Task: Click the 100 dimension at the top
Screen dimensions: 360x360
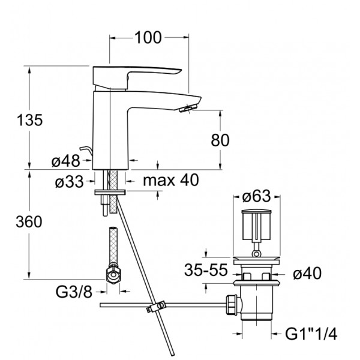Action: tap(148, 37)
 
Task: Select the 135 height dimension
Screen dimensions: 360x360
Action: tap(29, 120)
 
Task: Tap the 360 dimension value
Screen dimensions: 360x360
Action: tap(29, 222)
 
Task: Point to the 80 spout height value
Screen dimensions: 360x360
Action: tap(220, 140)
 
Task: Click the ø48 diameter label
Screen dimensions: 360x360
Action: tap(65, 161)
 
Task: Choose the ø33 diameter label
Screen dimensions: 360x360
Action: tap(69, 182)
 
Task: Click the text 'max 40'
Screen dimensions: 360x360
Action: tap(171, 180)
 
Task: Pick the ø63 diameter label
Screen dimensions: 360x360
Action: tap(256, 197)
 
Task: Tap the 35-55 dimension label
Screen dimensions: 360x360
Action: tap(206, 270)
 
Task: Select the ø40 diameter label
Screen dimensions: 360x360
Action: tap(307, 274)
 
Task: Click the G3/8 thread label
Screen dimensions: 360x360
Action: tap(74, 292)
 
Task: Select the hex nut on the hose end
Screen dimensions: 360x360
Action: tap(113, 274)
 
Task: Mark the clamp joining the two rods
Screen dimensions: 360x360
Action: tap(156, 306)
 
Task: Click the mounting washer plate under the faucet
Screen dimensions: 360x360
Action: tap(110, 192)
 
